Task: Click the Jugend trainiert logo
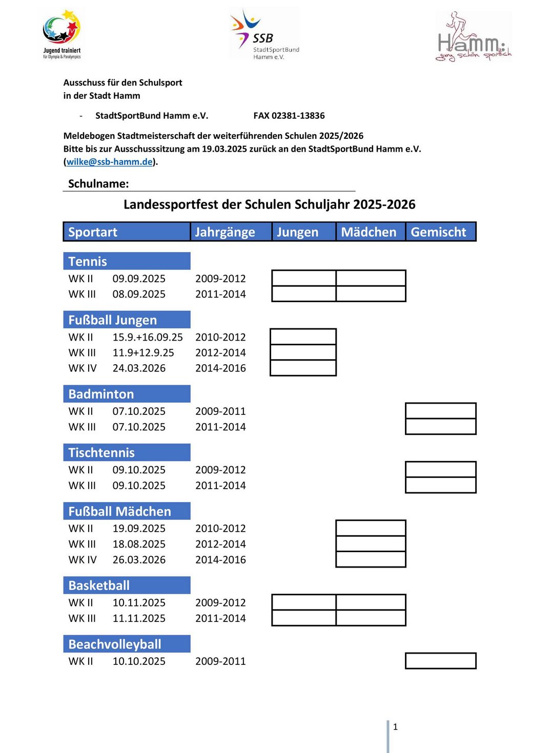[x=61, y=34]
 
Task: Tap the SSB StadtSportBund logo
[x=264, y=34]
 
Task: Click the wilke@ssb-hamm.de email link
[x=110, y=162]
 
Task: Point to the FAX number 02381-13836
[x=289, y=116]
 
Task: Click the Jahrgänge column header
[x=225, y=232]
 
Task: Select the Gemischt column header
[x=439, y=232]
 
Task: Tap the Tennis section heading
[x=88, y=261]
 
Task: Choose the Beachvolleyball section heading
[x=115, y=644]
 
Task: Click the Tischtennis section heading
[x=101, y=452]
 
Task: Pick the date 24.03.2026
[x=139, y=368]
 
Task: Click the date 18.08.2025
[x=139, y=544]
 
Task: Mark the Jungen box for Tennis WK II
[x=303, y=278]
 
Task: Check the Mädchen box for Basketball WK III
[x=371, y=618]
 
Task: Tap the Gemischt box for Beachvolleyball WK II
[x=440, y=661]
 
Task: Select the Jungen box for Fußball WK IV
[x=303, y=368]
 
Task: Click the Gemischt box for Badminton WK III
[x=440, y=426]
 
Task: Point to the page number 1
[x=395, y=726]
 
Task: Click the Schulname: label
[x=98, y=184]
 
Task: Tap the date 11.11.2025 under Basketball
[x=139, y=618]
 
